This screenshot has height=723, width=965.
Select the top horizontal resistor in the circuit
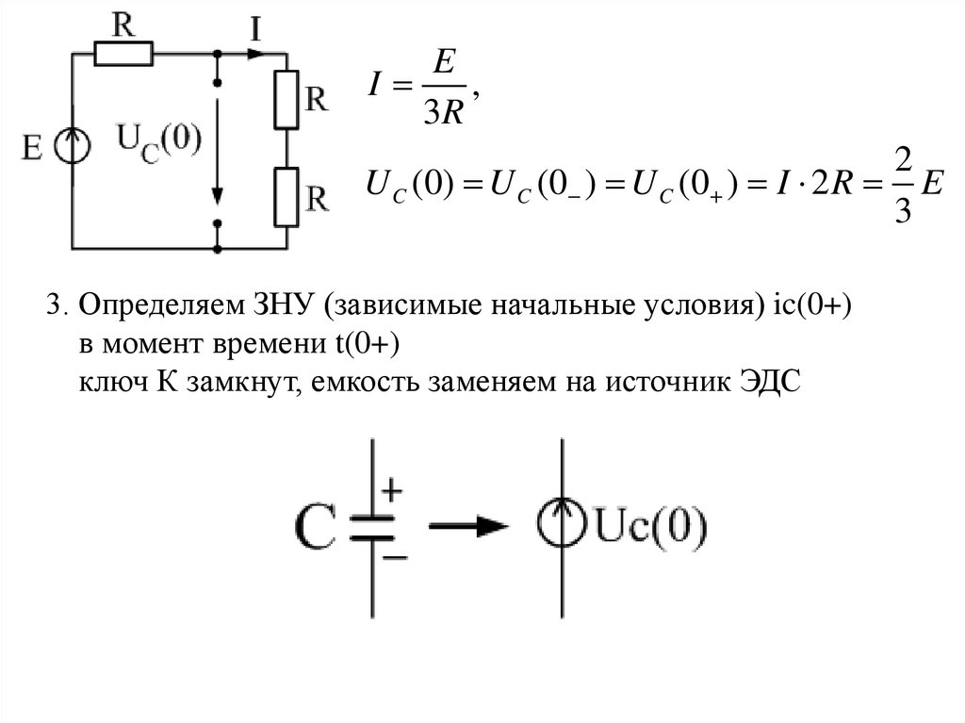click(x=124, y=56)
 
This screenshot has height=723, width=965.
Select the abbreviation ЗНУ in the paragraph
click(x=278, y=306)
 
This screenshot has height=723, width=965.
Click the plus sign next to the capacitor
click(x=392, y=490)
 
